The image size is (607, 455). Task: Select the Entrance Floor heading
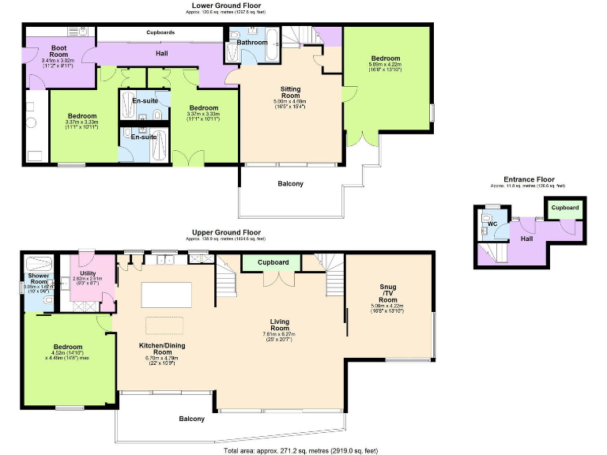coord(529,179)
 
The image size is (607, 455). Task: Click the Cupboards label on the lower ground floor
coord(160,32)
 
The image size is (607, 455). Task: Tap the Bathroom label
coord(253,42)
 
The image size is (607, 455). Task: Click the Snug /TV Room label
coord(387,294)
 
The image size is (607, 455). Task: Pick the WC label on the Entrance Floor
coord(492,224)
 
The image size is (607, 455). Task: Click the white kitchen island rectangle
coord(166,295)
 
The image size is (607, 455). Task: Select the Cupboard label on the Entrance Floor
coord(564,208)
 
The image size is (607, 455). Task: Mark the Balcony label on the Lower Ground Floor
coord(290,184)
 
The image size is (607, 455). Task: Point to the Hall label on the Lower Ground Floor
coord(161,55)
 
